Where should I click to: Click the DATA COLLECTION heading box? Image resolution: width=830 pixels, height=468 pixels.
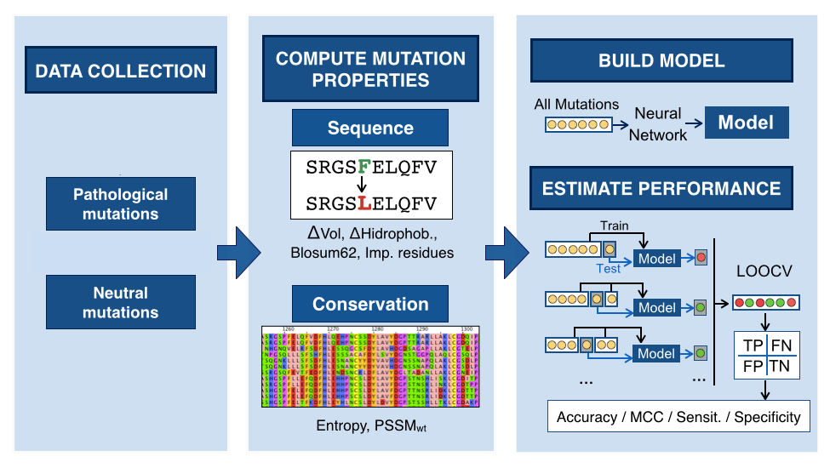click(x=120, y=71)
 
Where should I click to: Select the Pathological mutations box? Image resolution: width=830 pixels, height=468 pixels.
click(x=120, y=204)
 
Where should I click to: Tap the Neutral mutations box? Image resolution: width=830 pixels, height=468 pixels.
click(x=120, y=303)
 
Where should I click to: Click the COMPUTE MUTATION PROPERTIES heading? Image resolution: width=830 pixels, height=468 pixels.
click(x=370, y=70)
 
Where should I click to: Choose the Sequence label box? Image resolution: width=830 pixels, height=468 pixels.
click(x=370, y=128)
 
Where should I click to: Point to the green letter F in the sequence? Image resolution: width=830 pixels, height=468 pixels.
click(x=363, y=167)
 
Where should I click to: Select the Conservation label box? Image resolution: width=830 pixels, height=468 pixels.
click(x=370, y=304)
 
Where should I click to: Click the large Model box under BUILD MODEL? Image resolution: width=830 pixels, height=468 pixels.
click(x=746, y=123)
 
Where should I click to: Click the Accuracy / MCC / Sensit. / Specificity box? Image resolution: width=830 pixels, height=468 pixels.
click(x=678, y=417)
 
